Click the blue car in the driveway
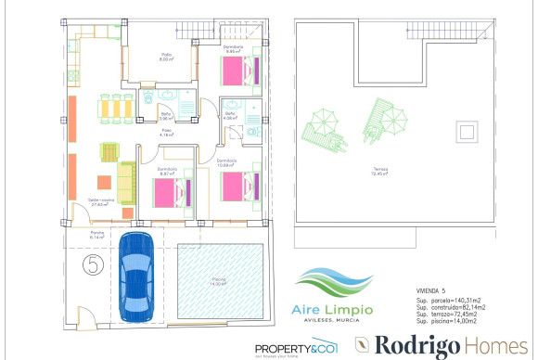click(139, 274)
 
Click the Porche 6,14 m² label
click(96, 236)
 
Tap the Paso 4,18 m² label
click(168, 134)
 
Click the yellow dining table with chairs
click(113, 108)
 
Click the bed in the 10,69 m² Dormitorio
click(237, 187)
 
